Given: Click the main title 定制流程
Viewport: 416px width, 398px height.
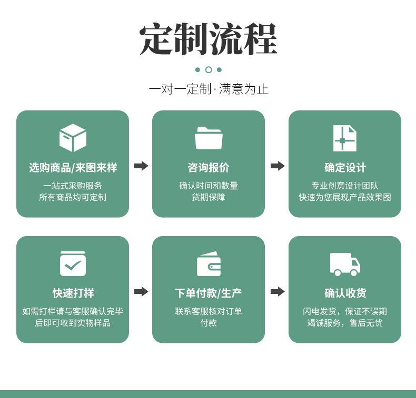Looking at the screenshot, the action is click(209, 39).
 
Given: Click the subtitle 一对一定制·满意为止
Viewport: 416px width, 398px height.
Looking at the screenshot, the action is click(209, 89).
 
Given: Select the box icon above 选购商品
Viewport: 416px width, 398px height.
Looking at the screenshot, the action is click(73, 138).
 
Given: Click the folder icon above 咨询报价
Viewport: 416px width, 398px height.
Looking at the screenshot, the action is click(209, 138).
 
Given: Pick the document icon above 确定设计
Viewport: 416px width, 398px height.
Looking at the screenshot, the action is click(344, 138).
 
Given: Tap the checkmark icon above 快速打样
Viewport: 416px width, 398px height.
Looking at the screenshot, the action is click(73, 263).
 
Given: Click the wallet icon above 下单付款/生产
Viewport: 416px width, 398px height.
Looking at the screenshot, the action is click(209, 264).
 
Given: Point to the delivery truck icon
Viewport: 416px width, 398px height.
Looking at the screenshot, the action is click(345, 264).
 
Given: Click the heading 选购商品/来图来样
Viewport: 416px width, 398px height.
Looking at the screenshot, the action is click(73, 168).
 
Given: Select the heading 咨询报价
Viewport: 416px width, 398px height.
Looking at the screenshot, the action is click(209, 168).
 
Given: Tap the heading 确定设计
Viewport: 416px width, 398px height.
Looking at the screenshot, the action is click(345, 168).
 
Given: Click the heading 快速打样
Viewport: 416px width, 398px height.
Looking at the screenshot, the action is click(73, 293).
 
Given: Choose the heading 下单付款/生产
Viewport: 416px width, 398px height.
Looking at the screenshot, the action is click(209, 293).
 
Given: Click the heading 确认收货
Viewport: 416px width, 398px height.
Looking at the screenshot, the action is click(345, 293).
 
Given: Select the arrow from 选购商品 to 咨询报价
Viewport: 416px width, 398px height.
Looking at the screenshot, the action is click(141, 166).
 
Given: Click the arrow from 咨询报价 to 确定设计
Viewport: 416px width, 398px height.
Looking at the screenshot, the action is click(278, 166).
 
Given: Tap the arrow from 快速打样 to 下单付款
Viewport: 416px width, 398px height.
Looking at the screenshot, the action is click(141, 292).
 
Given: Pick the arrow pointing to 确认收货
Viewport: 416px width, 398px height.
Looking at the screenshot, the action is click(278, 292).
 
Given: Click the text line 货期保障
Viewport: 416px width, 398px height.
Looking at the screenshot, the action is click(209, 197).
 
